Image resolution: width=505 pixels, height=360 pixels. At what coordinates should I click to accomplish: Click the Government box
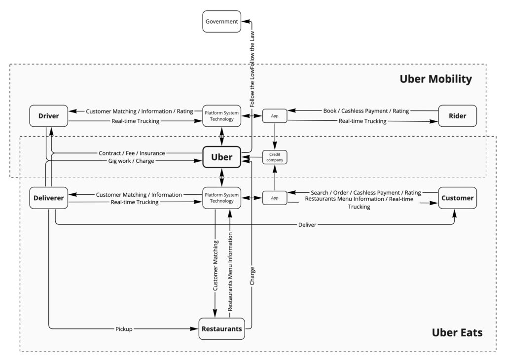pos(222,22)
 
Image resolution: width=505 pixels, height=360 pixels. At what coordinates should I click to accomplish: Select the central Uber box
pos(221,157)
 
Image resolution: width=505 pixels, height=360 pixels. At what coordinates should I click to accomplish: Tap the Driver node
pos(49,116)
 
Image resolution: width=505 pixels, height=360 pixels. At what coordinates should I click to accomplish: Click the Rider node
pos(457,116)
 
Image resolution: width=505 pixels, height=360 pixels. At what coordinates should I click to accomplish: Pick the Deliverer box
pos(49,198)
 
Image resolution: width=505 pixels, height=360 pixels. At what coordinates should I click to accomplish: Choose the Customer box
pos(457,198)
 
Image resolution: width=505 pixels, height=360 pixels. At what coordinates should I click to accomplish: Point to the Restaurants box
pos(222,328)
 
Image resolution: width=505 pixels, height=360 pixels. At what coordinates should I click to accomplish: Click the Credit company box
pos(275,157)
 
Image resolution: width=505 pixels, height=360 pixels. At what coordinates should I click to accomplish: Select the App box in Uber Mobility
pos(275,116)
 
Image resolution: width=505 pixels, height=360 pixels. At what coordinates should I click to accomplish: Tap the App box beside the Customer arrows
pos(275,198)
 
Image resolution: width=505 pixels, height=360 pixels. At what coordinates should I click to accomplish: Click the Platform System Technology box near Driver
pos(221,116)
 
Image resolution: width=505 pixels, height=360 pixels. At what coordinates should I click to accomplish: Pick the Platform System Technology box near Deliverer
pos(221,198)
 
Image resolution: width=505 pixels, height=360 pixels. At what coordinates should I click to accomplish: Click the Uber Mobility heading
pos(435,79)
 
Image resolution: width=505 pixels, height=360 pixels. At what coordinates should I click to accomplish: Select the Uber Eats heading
pos(457,332)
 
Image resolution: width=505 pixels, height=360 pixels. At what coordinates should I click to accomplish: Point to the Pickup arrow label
pos(124,328)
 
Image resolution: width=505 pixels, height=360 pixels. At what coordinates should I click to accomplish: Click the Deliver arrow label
pos(307,225)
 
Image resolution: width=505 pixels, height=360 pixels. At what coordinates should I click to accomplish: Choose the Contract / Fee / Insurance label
pos(132,153)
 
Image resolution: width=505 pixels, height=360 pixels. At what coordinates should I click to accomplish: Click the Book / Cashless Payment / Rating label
pos(366,111)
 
